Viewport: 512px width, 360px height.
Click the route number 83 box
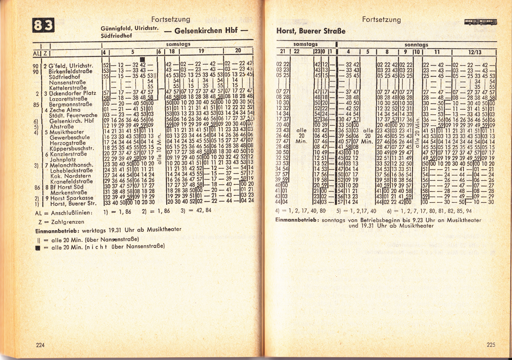point(43,25)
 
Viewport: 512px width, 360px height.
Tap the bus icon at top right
point(481,23)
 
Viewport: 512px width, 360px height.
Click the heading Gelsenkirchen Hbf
point(206,31)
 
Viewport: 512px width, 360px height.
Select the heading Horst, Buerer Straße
point(311,31)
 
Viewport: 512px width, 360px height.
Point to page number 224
point(40,345)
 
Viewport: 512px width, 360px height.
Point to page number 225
point(491,345)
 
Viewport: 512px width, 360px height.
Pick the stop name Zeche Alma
point(65,110)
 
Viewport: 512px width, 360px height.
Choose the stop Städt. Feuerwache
point(73,115)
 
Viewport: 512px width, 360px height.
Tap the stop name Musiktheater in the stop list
point(67,132)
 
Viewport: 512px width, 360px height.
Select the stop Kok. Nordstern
point(71,176)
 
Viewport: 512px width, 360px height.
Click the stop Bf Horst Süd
point(67,187)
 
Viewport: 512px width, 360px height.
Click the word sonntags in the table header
point(416,44)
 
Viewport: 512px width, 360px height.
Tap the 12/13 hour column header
point(475,52)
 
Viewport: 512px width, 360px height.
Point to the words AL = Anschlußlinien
point(63,213)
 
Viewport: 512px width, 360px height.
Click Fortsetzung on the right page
point(381,19)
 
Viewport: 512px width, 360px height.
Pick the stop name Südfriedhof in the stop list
point(65,77)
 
